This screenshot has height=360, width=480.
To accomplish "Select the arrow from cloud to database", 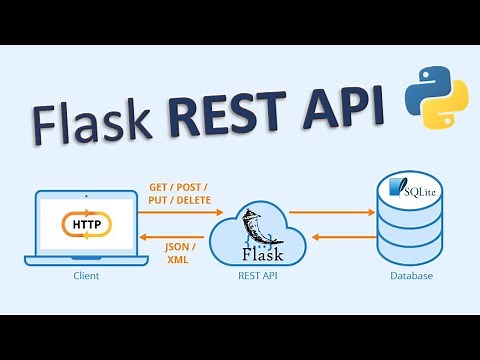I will tap(330, 213).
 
